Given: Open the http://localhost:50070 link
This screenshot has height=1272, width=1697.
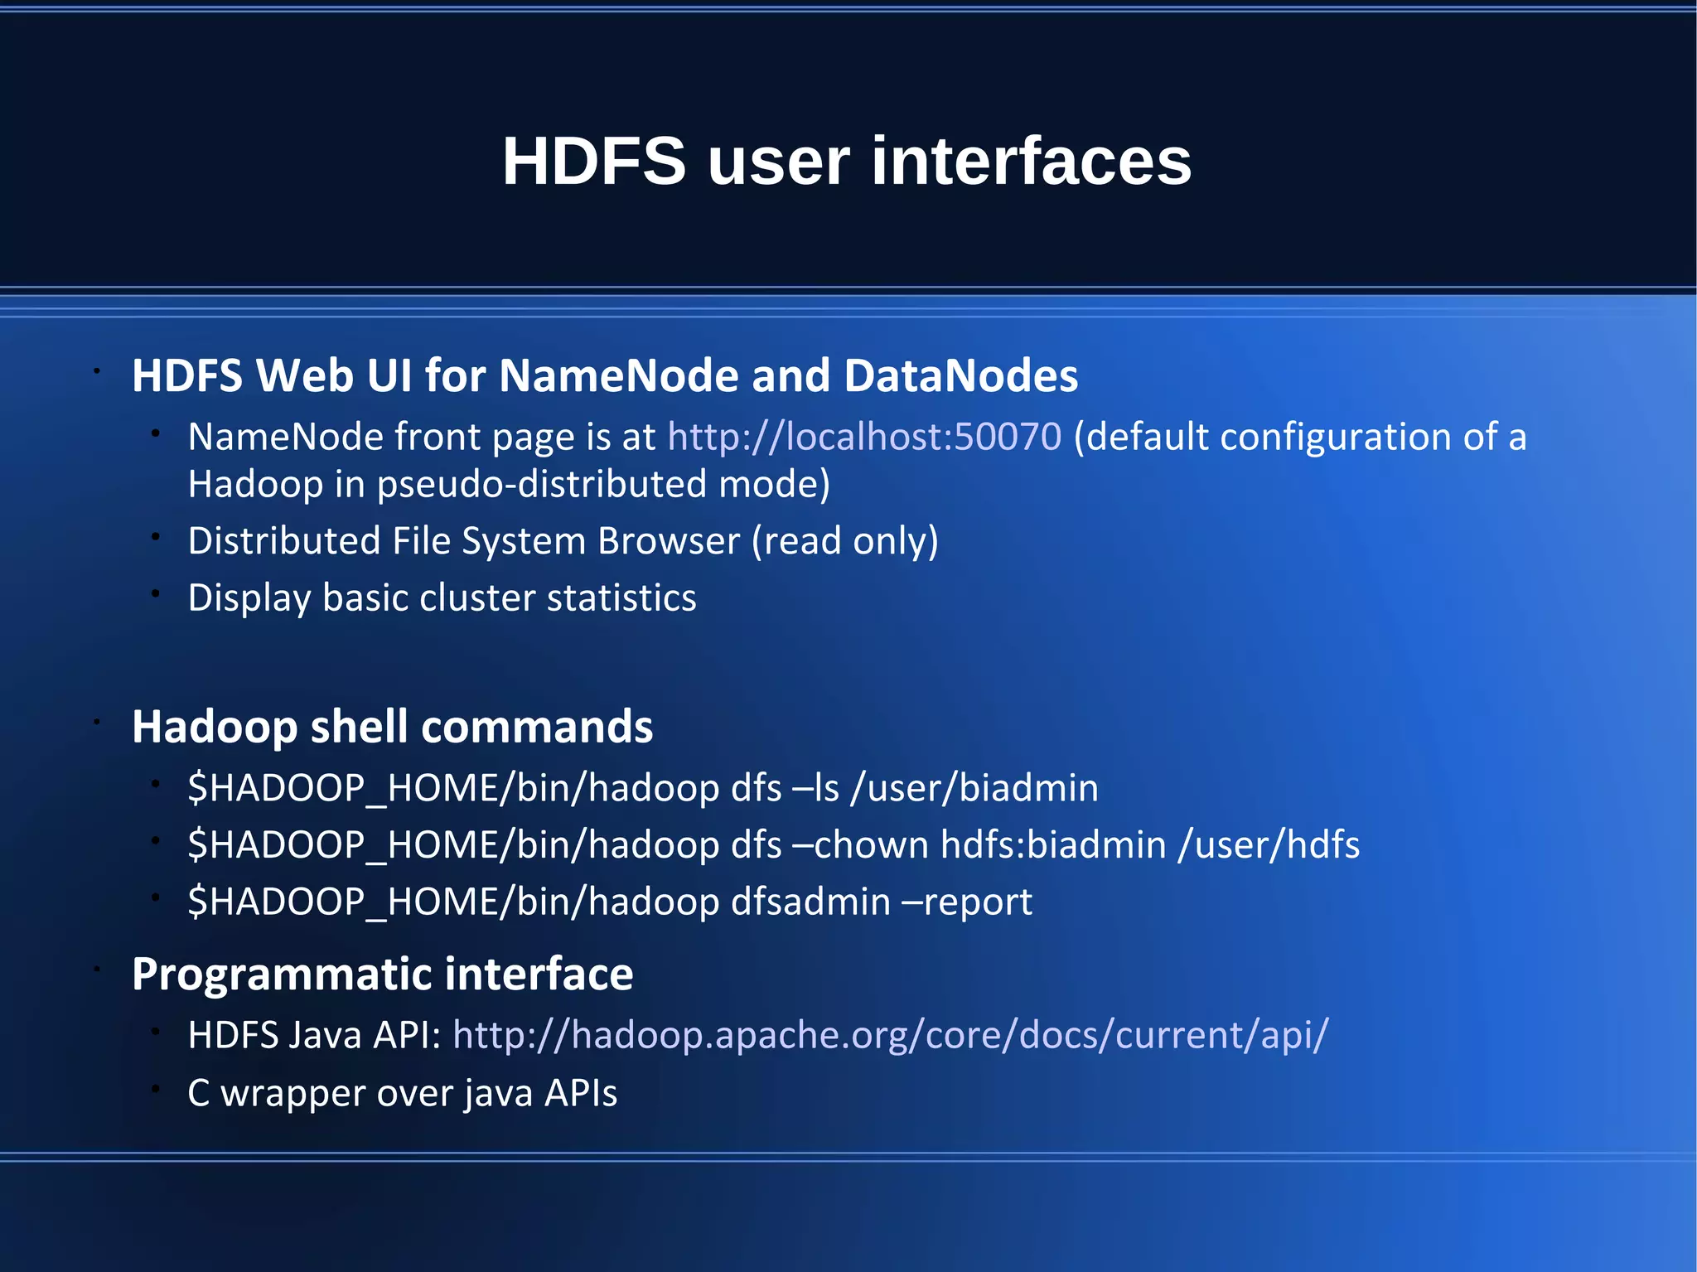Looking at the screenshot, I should pyautogui.click(x=864, y=437).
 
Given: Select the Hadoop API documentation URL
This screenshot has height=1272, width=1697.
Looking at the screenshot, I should pyautogui.click(x=890, y=1035).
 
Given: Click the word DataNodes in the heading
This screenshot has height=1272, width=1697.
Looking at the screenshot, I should pyautogui.click(x=960, y=375).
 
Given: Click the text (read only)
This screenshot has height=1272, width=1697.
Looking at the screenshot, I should pyautogui.click(x=844, y=541).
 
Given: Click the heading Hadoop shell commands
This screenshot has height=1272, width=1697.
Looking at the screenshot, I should pyautogui.click(x=392, y=727).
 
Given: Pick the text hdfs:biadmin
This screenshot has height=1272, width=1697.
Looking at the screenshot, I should pyautogui.click(x=1053, y=845).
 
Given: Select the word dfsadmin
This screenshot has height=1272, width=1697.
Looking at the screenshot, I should pyautogui.click(x=810, y=902).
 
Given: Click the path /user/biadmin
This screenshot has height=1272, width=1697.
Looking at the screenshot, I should pyautogui.click(x=974, y=788).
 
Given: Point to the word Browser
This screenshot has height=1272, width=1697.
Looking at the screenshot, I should pyautogui.click(x=669, y=541).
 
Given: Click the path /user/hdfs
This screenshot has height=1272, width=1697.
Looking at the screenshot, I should pyautogui.click(x=1269, y=845).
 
